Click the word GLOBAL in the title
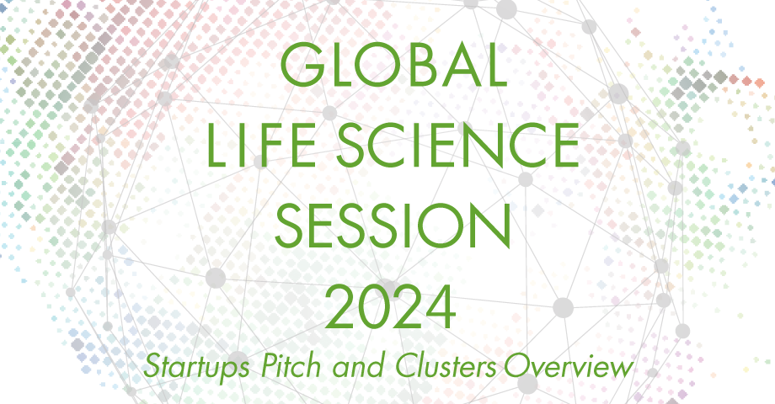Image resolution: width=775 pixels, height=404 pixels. [393, 65]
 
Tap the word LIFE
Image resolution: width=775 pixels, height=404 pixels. [261, 145]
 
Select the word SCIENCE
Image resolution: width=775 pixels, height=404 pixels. [457, 145]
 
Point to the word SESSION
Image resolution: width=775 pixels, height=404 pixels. [393, 226]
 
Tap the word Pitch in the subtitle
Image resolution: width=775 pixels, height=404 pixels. [291, 366]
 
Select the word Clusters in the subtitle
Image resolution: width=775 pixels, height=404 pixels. [446, 366]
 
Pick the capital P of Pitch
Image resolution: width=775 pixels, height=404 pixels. [270, 366]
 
